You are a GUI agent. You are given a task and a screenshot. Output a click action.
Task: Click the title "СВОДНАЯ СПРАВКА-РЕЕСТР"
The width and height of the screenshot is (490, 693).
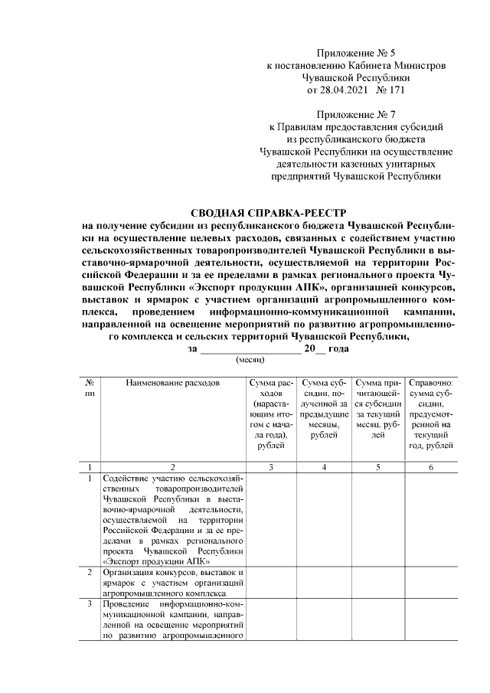pos(268,214)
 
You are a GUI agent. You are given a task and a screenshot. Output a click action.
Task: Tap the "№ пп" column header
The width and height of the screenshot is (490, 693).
pos(90,386)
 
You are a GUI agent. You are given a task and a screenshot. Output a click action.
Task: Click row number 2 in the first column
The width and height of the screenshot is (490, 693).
pos(90,572)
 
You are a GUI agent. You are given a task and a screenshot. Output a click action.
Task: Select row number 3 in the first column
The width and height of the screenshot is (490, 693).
pos(90,604)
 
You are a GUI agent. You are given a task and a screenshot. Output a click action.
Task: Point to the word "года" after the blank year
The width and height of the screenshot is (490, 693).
pos(338,348)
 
